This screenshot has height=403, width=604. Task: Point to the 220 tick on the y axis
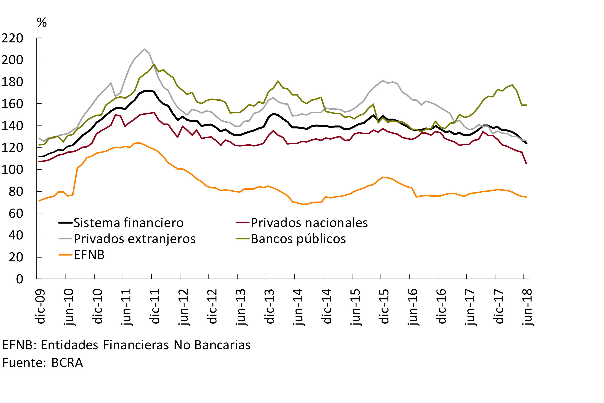pyautogui.click(x=12, y=38)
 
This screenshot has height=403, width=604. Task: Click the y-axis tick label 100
pyautogui.click(x=12, y=170)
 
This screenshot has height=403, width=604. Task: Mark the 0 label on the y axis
pyautogui.click(x=20, y=279)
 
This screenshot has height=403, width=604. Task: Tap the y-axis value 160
pyautogui.click(x=12, y=104)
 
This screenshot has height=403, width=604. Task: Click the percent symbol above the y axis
pyautogui.click(x=42, y=23)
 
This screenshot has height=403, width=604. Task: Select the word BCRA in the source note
pyautogui.click(x=67, y=363)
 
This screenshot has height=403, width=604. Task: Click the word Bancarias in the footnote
pyautogui.click(x=222, y=345)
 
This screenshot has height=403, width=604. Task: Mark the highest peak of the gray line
pyautogui.click(x=145, y=49)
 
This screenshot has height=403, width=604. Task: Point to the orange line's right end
pyautogui.click(x=526, y=197)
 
